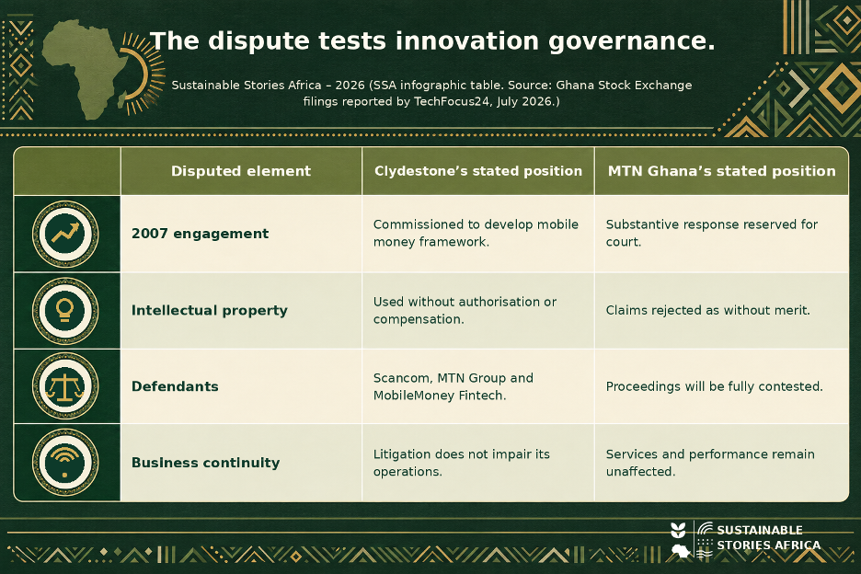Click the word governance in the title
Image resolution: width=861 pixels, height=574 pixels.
point(631,41)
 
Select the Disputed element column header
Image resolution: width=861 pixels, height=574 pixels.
point(241,171)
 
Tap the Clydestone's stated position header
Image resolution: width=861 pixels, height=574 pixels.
point(478,171)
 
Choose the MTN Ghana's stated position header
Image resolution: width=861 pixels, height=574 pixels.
point(721,171)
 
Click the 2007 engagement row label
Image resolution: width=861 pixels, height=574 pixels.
point(201,234)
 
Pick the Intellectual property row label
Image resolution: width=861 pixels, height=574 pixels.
point(209,310)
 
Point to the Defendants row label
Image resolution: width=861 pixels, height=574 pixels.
point(175,386)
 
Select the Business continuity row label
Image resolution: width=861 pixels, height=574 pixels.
point(206,463)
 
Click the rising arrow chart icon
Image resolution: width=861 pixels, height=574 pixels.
point(65,234)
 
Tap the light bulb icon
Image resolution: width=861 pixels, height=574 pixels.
point(65,310)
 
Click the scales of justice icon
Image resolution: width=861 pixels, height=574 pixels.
point(65,386)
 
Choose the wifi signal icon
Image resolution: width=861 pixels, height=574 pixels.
point(65,463)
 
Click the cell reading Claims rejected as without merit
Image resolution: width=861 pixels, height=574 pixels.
point(707,310)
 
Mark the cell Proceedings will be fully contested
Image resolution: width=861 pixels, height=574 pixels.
point(715,386)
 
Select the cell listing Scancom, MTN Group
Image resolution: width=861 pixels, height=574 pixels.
point(453,386)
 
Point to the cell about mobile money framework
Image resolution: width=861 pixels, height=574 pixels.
point(476,233)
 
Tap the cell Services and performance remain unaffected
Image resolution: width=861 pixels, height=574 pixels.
point(710,463)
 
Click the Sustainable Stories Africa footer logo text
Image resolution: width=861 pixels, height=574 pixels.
point(768,538)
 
